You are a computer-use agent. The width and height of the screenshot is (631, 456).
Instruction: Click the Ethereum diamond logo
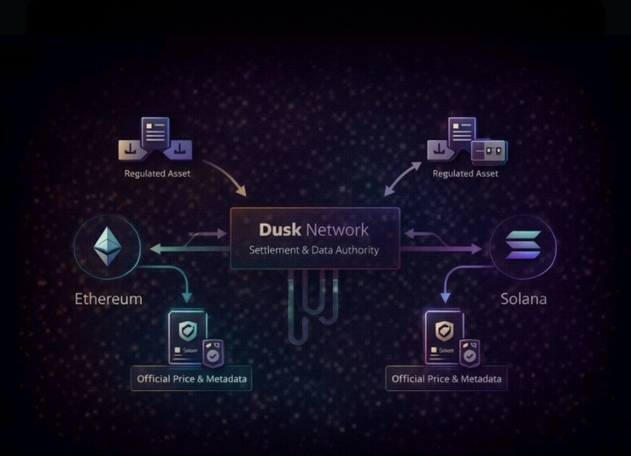[107, 249]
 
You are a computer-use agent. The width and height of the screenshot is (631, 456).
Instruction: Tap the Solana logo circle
[523, 246]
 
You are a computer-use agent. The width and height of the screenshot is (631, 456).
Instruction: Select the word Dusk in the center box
[280, 230]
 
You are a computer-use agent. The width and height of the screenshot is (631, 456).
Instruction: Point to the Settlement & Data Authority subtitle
[314, 250]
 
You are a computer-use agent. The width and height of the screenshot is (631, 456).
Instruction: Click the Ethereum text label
[108, 298]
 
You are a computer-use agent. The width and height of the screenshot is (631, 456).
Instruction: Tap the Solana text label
[523, 298]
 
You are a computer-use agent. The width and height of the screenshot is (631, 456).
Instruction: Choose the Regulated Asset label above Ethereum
[157, 174]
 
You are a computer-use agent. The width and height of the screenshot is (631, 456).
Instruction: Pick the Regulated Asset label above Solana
[465, 174]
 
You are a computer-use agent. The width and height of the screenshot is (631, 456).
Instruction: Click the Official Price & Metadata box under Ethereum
[191, 379]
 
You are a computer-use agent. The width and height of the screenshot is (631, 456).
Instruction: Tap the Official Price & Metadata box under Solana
[446, 379]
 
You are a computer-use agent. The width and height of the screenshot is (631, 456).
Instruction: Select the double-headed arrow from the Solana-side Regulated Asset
[401, 178]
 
